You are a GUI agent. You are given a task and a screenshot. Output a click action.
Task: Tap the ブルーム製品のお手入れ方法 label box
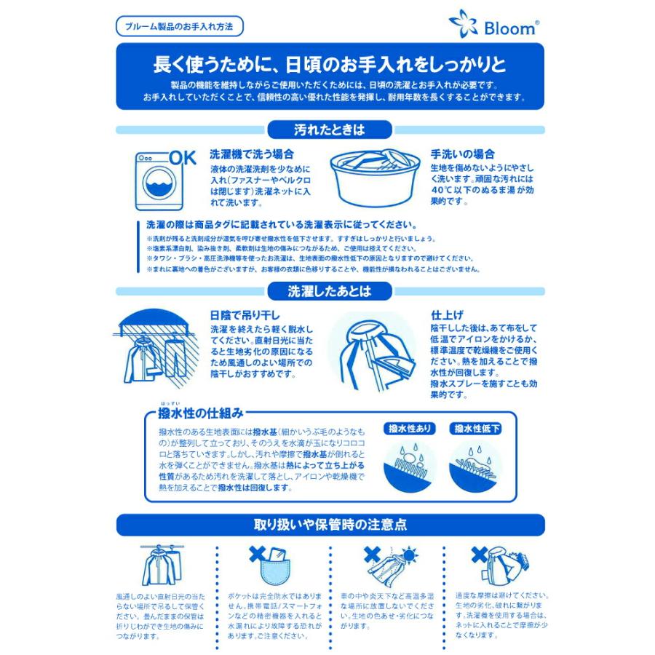(179, 26)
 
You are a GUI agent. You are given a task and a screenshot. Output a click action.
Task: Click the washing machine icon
(158, 182)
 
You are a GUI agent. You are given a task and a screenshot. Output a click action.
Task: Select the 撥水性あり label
(408, 429)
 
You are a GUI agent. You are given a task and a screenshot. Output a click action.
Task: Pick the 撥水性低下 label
(475, 429)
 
